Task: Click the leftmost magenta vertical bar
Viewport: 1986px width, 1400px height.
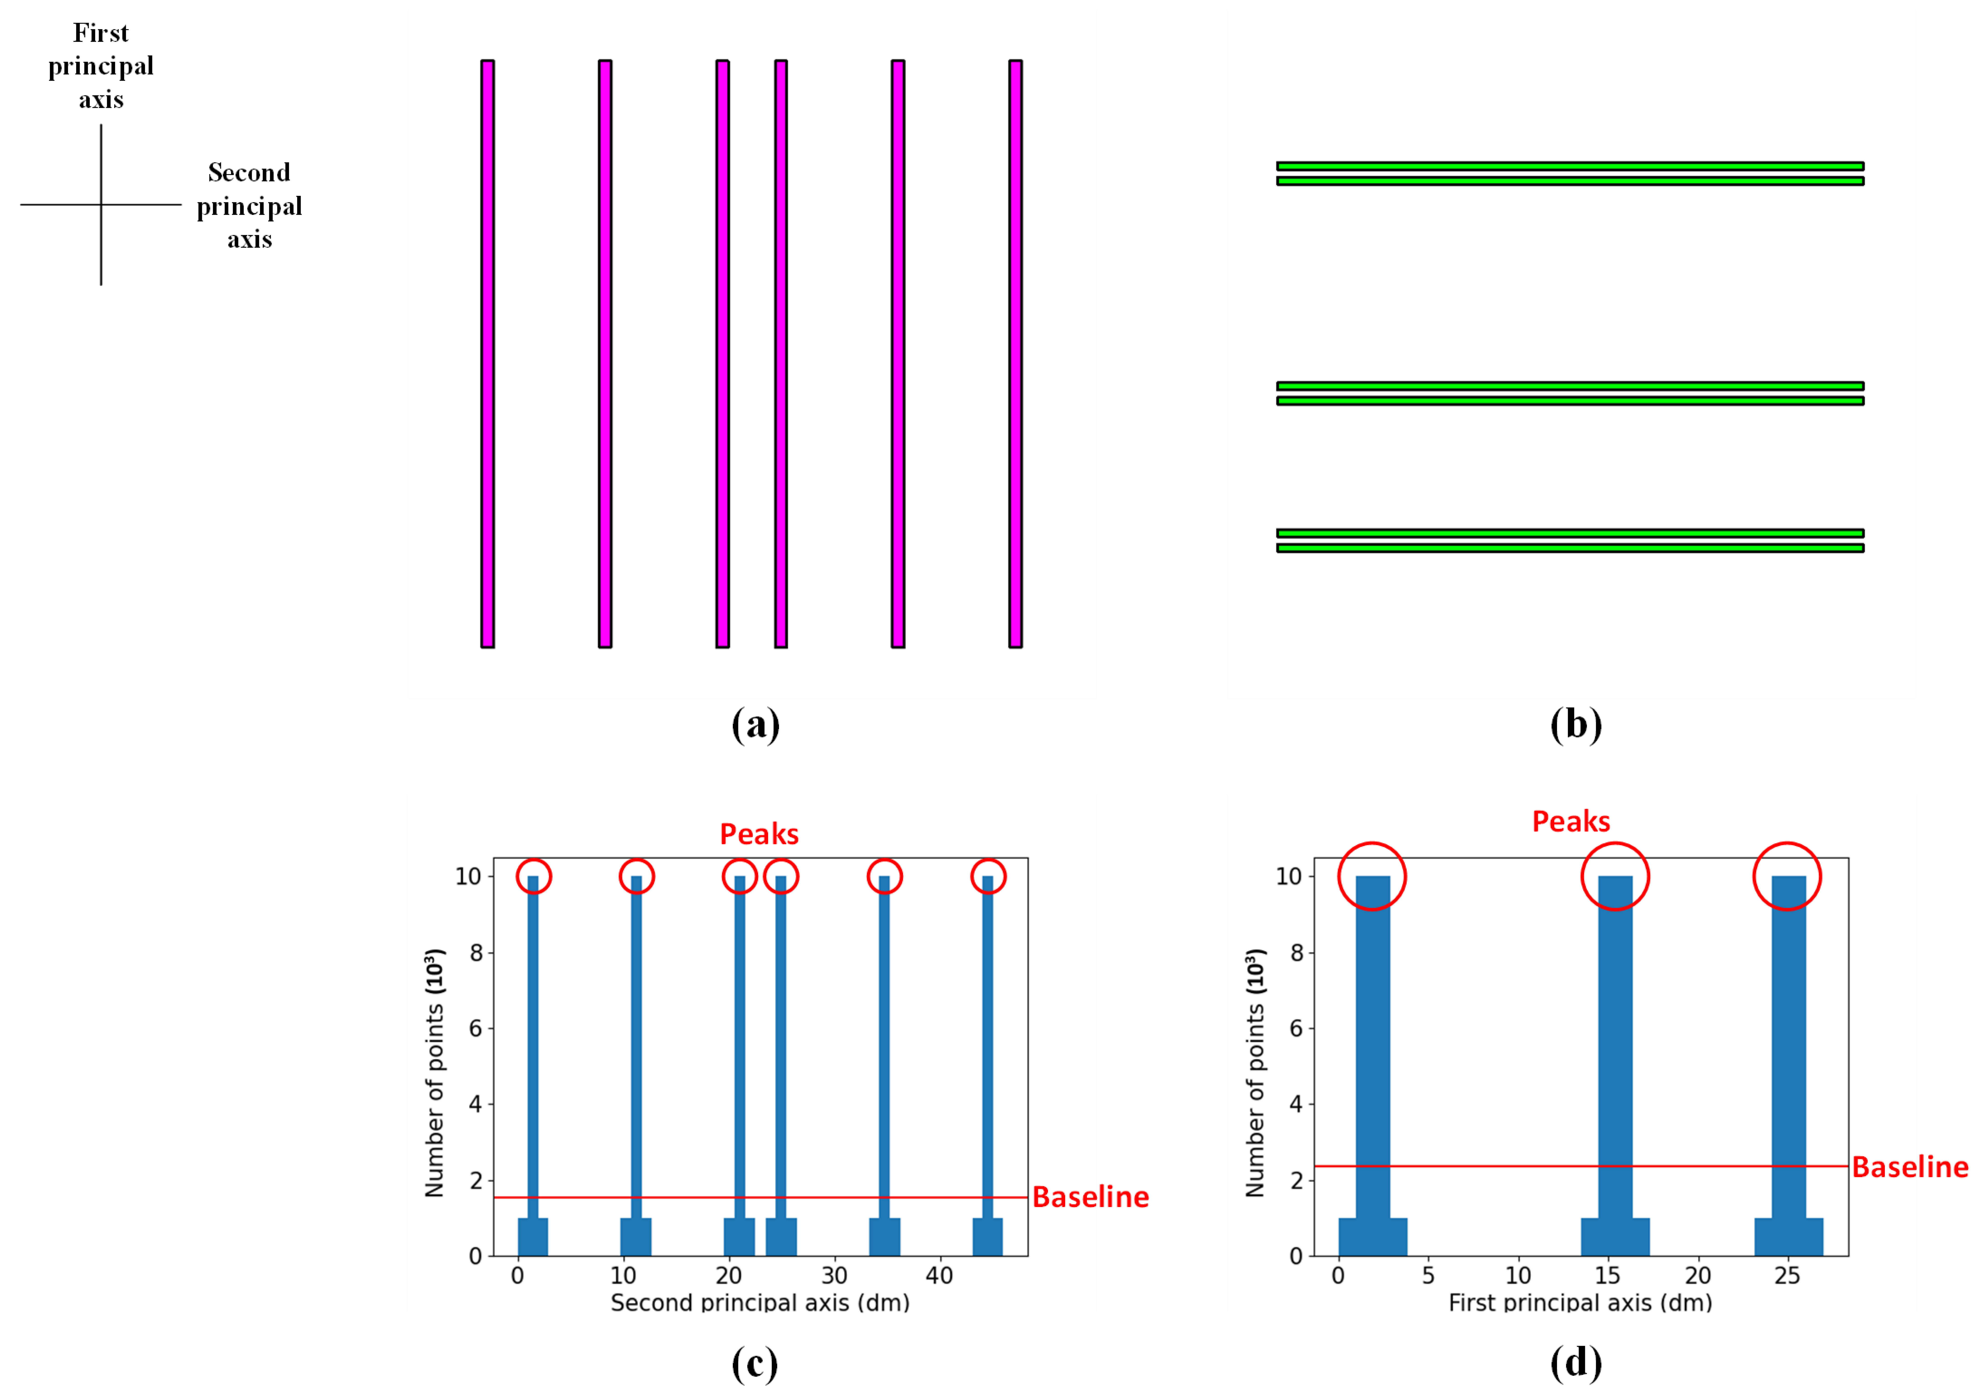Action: click(x=488, y=353)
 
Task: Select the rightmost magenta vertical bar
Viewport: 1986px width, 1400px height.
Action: click(x=1016, y=353)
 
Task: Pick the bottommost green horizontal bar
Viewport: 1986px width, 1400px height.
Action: click(x=1570, y=548)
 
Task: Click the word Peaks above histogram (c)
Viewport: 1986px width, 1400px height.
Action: click(x=759, y=833)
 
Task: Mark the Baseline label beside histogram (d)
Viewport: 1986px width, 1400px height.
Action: click(x=1910, y=1166)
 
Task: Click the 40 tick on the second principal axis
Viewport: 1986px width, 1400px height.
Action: click(x=939, y=1275)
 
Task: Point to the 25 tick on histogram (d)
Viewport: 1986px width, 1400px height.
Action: click(x=1787, y=1275)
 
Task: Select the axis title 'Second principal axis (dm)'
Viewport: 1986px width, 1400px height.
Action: click(x=759, y=1302)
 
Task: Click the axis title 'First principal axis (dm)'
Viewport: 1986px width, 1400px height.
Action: click(x=1580, y=1302)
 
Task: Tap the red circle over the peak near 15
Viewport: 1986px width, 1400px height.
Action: click(x=1615, y=876)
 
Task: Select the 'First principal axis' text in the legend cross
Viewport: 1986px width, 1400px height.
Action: click(x=101, y=66)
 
